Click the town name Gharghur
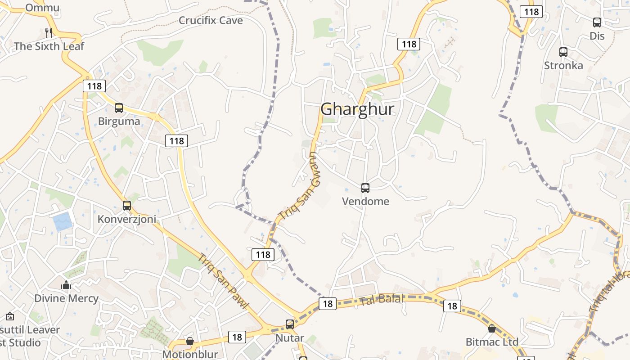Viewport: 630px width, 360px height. point(357,109)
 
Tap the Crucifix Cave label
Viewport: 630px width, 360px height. point(211,20)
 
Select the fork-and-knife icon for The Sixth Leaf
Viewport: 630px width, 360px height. point(49,32)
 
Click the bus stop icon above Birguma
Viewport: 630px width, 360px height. point(119,108)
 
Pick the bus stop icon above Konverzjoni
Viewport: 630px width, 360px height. point(127,206)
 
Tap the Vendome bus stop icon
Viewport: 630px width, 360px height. point(365,188)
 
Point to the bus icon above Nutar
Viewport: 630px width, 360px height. point(290,324)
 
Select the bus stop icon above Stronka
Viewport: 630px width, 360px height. point(563,52)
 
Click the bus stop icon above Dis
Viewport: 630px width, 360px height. point(597,22)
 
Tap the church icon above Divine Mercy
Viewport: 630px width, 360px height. point(66,285)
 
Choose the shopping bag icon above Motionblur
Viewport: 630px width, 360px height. point(190,342)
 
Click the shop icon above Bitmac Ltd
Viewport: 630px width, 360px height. point(492,328)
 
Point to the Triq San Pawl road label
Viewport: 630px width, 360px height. point(224,282)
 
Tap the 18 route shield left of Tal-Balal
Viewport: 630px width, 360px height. point(328,304)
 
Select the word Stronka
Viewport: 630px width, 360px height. point(563,66)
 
